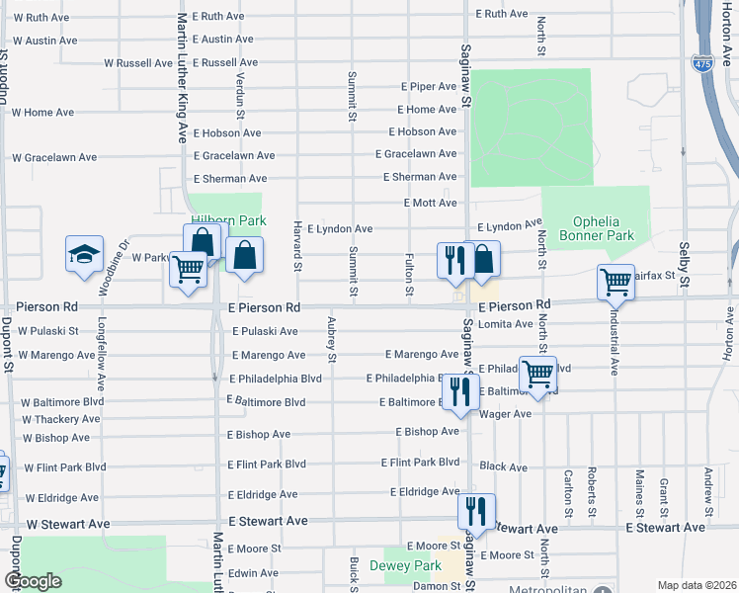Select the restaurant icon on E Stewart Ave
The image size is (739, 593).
click(x=476, y=511)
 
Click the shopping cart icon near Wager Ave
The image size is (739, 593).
click(x=537, y=374)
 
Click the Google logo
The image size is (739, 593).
click(x=33, y=581)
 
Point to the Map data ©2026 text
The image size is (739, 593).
click(x=697, y=585)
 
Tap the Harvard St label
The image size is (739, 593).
click(x=295, y=246)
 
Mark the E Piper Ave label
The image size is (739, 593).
click(x=428, y=86)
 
